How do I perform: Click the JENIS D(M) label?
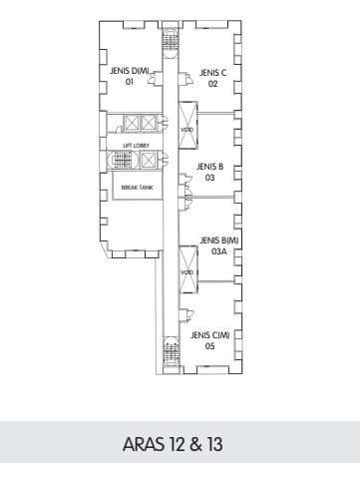click(x=130, y=71)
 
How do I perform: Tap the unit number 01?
click(x=130, y=82)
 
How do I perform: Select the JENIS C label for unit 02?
click(x=213, y=73)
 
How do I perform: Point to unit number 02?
click(x=212, y=84)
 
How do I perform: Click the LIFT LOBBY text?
click(x=137, y=146)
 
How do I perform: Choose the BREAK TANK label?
click(x=138, y=188)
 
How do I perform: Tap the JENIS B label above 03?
click(x=209, y=167)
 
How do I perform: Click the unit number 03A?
click(x=219, y=251)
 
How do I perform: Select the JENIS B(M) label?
click(x=219, y=240)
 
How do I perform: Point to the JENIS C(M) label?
click(x=210, y=335)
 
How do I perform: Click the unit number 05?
click(x=209, y=346)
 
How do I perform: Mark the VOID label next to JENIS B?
click(x=186, y=130)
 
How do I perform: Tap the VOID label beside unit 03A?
click(x=186, y=272)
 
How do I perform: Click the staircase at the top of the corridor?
click(x=171, y=43)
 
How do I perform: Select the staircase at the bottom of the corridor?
click(x=171, y=351)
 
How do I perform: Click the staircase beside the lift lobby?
click(x=122, y=161)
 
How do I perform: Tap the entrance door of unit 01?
click(x=156, y=78)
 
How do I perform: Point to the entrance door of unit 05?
click(x=186, y=315)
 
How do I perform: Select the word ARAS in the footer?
click(x=144, y=444)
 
